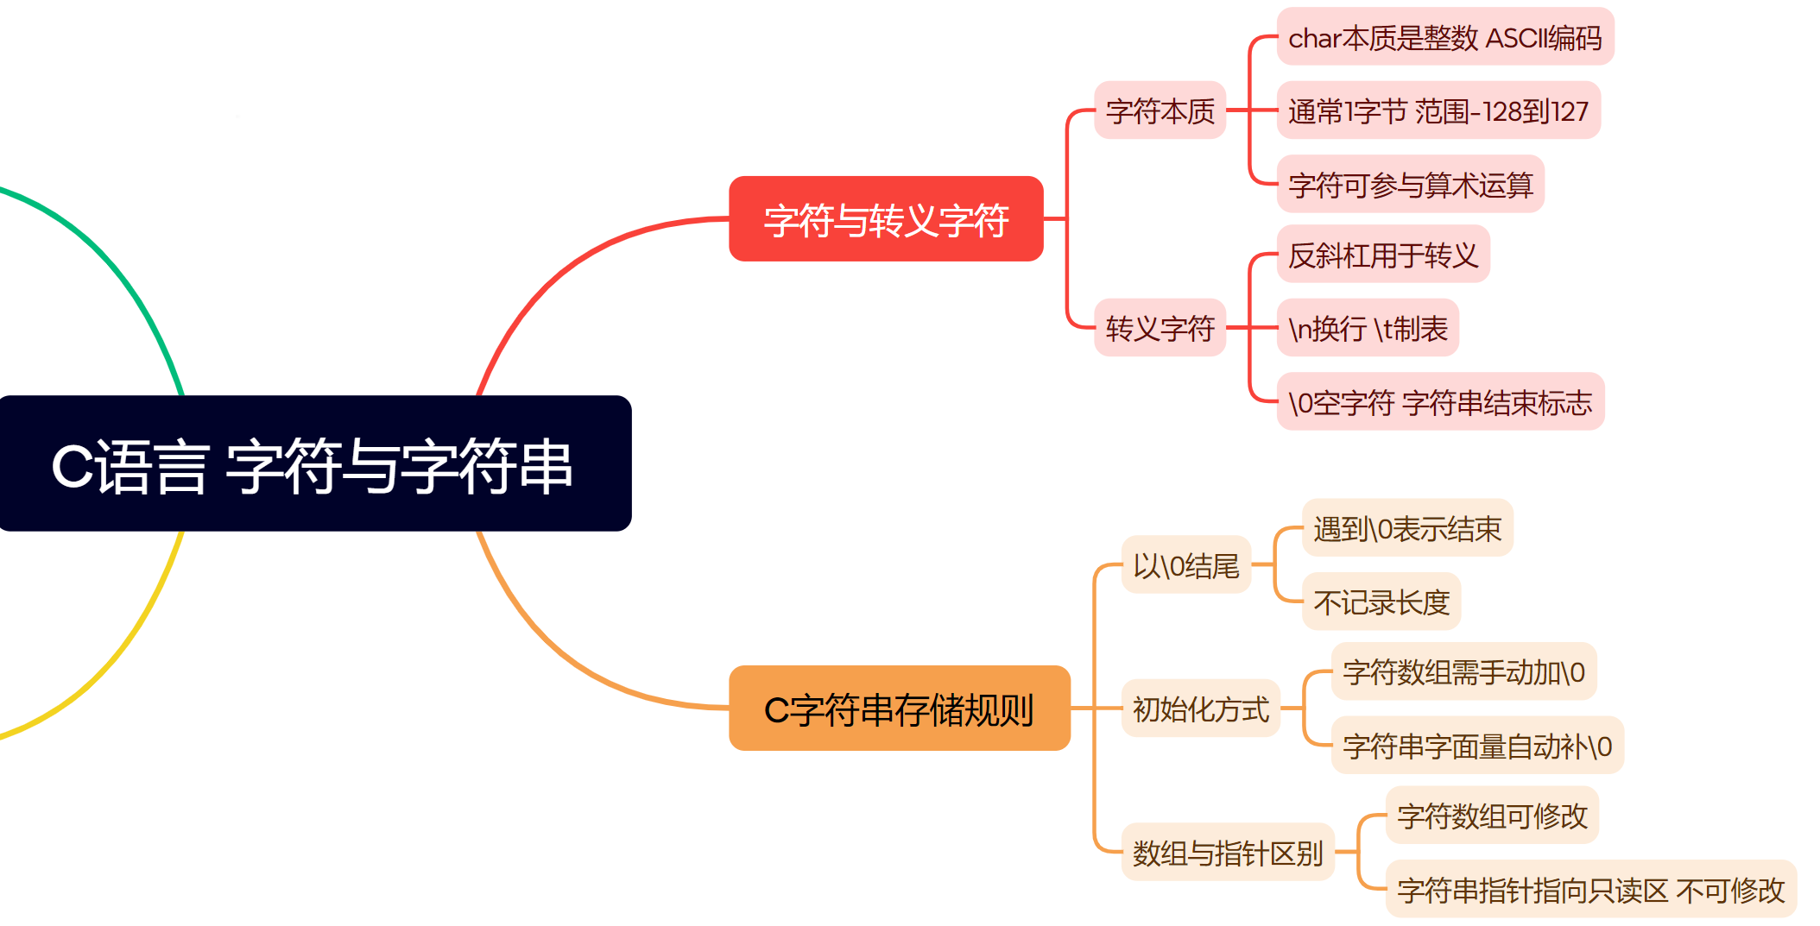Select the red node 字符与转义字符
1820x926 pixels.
[886, 219]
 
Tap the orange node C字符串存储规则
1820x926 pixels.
[899, 709]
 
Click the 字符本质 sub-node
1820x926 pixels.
[1160, 110]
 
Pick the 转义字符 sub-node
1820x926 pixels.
[1160, 328]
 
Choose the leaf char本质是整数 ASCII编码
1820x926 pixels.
[1444, 37]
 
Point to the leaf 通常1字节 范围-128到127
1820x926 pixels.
[1438, 110]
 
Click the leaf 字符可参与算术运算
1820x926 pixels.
[1410, 184]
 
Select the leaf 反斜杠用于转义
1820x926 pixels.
[1382, 255]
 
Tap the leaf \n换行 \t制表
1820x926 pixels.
[1368, 328]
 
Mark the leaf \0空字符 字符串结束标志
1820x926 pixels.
[1440, 401]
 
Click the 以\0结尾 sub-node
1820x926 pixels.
[1185, 565]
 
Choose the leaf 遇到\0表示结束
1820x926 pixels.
[1407, 528]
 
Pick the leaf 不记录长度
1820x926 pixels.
[1381, 602]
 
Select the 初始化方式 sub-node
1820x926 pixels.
[1200, 709]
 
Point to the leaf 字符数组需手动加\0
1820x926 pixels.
[1463, 671]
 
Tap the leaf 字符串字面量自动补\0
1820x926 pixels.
[1477, 745]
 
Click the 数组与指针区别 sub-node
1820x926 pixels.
[1227, 853]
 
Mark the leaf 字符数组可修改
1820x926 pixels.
[1492, 816]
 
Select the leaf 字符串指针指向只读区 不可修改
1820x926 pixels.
[1590, 889]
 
